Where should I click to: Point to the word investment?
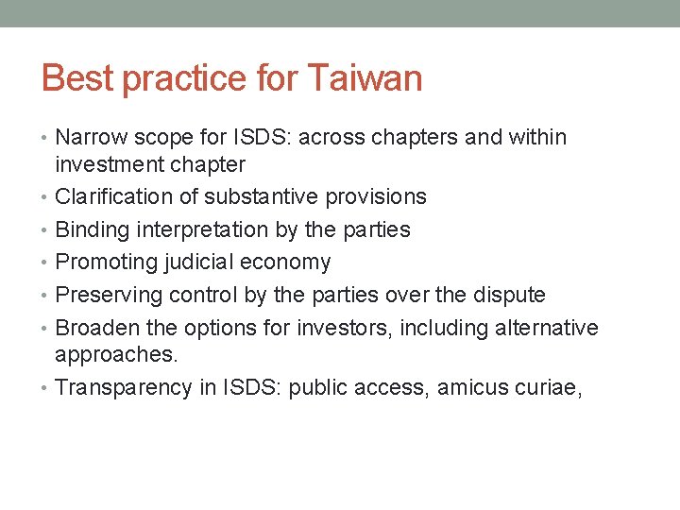[108, 165]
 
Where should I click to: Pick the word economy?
[288, 263]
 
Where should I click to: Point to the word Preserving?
[109, 295]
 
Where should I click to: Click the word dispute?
[511, 295]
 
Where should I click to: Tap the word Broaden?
[93, 328]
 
